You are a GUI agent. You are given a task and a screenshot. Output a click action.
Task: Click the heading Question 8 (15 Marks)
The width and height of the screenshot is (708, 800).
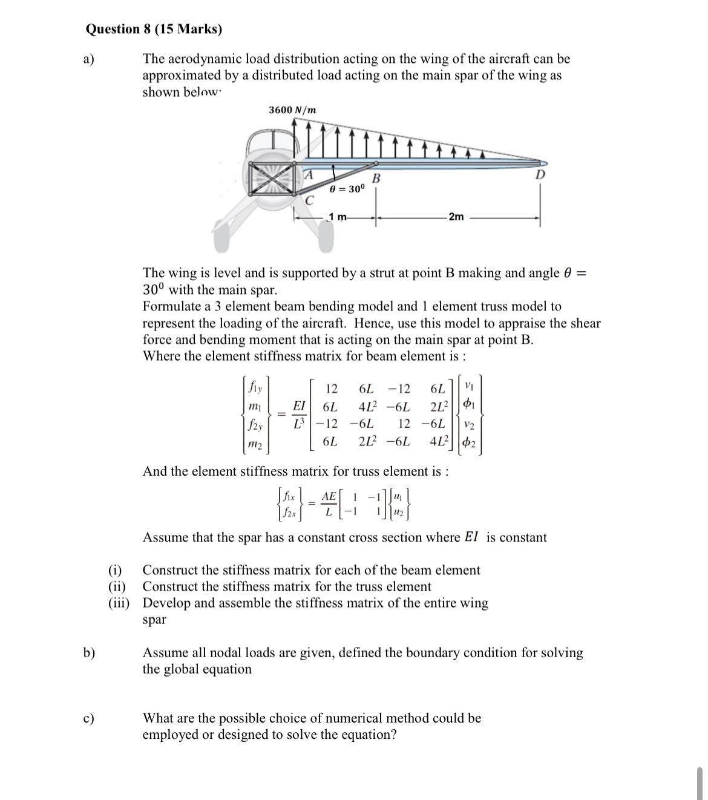(x=154, y=29)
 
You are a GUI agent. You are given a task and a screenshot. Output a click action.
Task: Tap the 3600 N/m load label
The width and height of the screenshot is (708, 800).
(x=292, y=110)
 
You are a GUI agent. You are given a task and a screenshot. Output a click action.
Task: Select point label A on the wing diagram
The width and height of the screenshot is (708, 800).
(x=308, y=175)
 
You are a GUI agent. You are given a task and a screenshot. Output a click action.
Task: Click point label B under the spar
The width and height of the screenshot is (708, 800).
(x=376, y=179)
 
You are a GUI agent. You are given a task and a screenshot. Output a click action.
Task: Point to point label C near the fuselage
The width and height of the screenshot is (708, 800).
(x=310, y=200)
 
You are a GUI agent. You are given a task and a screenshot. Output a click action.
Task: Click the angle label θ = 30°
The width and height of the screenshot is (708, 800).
(x=347, y=188)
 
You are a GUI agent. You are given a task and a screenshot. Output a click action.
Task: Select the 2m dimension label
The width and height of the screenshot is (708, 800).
(x=456, y=217)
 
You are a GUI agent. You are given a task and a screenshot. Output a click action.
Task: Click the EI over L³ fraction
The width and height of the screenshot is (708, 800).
(x=299, y=414)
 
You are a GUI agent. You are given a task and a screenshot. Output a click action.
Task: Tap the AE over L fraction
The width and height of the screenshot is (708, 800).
(x=329, y=503)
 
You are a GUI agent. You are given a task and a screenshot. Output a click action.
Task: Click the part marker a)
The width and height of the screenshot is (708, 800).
(x=90, y=59)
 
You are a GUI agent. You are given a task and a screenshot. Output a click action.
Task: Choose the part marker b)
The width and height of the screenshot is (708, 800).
(x=90, y=653)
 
